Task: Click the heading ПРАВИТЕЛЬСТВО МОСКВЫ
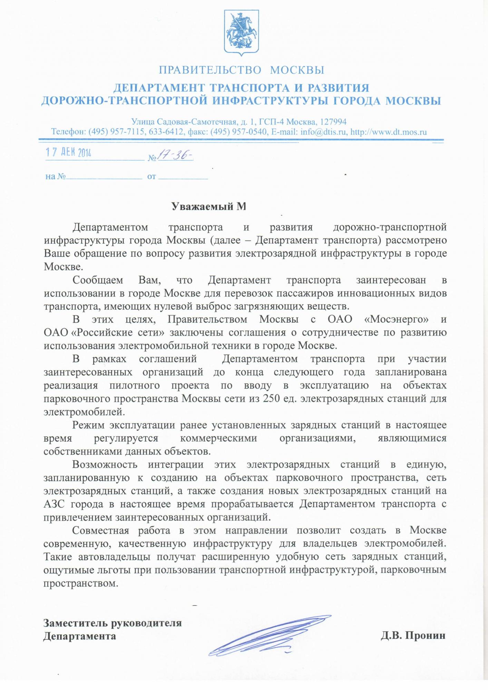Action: [x=241, y=70]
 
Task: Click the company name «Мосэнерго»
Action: [x=396, y=319]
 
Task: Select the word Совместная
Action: [x=101, y=531]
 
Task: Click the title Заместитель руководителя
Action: [x=113, y=623]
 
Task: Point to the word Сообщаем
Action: [x=98, y=280]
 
